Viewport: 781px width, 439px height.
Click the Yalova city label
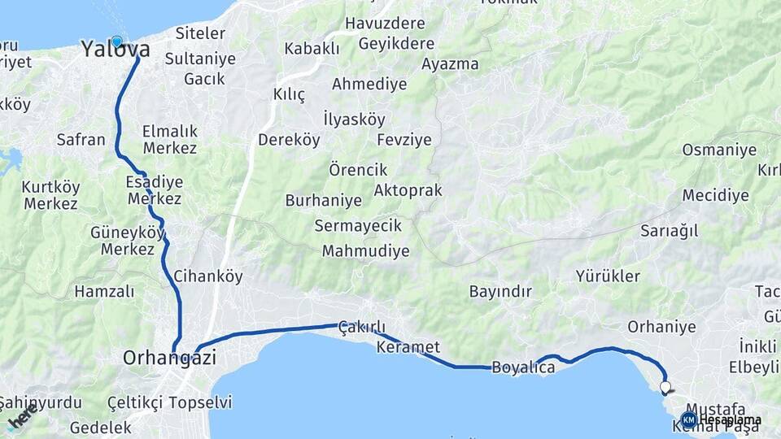tap(104, 50)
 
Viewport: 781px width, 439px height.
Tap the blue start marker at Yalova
tap(116, 41)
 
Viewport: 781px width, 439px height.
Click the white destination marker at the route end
tap(665, 388)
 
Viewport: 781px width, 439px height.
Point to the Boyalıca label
tap(524, 367)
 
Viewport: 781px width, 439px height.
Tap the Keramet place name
tap(408, 347)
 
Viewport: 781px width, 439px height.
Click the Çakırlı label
tap(361, 328)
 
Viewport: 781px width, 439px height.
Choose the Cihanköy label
tap(208, 276)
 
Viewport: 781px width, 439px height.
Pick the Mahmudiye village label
tap(365, 250)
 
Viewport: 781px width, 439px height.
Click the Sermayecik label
tap(358, 224)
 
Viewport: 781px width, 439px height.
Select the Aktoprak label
tap(408, 190)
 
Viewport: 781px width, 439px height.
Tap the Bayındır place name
tap(500, 291)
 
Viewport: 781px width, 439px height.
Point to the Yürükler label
tap(608, 276)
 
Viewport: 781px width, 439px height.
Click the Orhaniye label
tap(661, 327)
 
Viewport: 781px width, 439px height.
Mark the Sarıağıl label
tap(670, 231)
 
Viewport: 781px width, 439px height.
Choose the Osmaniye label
tap(719, 150)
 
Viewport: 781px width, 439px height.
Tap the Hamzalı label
tap(104, 291)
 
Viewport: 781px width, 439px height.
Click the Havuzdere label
tap(385, 24)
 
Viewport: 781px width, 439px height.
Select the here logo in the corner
tap(21, 417)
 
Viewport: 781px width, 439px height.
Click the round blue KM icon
tap(689, 419)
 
